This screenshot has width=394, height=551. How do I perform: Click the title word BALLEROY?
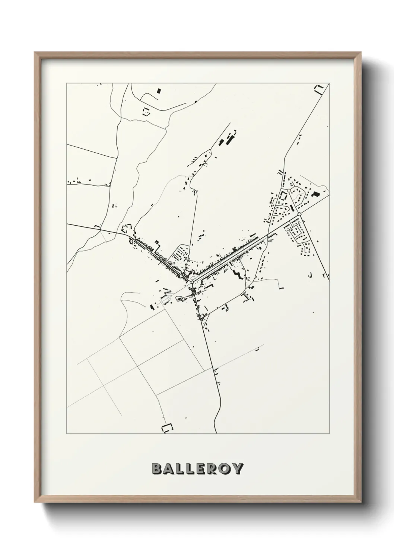click(197, 469)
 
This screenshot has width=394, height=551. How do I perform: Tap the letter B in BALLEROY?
click(157, 469)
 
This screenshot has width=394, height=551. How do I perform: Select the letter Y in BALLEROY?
click(238, 469)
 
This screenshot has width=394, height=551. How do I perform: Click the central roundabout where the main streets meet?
click(192, 282)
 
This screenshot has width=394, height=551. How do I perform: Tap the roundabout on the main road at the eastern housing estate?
click(299, 214)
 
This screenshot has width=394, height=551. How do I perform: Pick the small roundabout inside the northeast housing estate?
click(289, 190)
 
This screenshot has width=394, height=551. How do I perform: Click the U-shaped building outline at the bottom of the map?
click(167, 429)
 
